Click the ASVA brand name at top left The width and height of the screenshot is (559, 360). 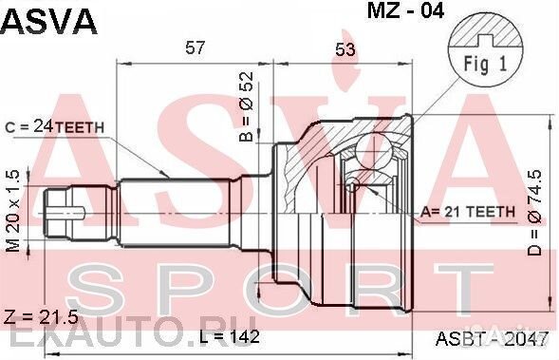click(x=48, y=22)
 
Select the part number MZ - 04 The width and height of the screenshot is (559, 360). click(x=405, y=10)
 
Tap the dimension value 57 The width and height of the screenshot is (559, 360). click(x=196, y=47)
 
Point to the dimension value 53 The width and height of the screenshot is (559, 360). click(x=345, y=49)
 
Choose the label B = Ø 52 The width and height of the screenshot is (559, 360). click(x=247, y=107)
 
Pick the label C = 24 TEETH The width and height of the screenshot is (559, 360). click(x=54, y=127)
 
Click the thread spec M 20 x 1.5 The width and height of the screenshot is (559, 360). click(x=13, y=211)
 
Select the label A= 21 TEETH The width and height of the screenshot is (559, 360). click(x=468, y=212)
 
